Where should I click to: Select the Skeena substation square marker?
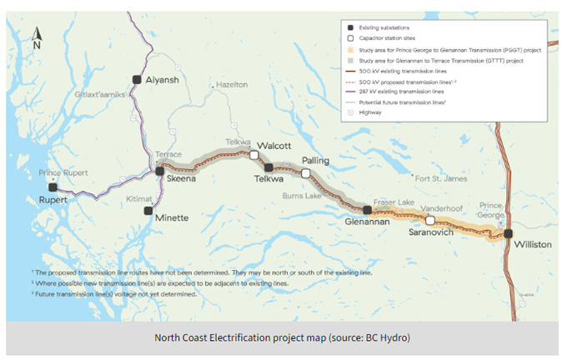(x=159, y=172)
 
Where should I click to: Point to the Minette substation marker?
(x=148, y=210)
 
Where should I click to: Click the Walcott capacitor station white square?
(x=253, y=155)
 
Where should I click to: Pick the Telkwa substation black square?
(x=268, y=167)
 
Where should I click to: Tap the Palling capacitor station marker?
(x=306, y=172)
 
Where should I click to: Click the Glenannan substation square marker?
(x=367, y=210)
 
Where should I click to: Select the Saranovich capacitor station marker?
(x=430, y=221)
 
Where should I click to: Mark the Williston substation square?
(x=508, y=234)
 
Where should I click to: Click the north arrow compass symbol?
(x=37, y=38)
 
